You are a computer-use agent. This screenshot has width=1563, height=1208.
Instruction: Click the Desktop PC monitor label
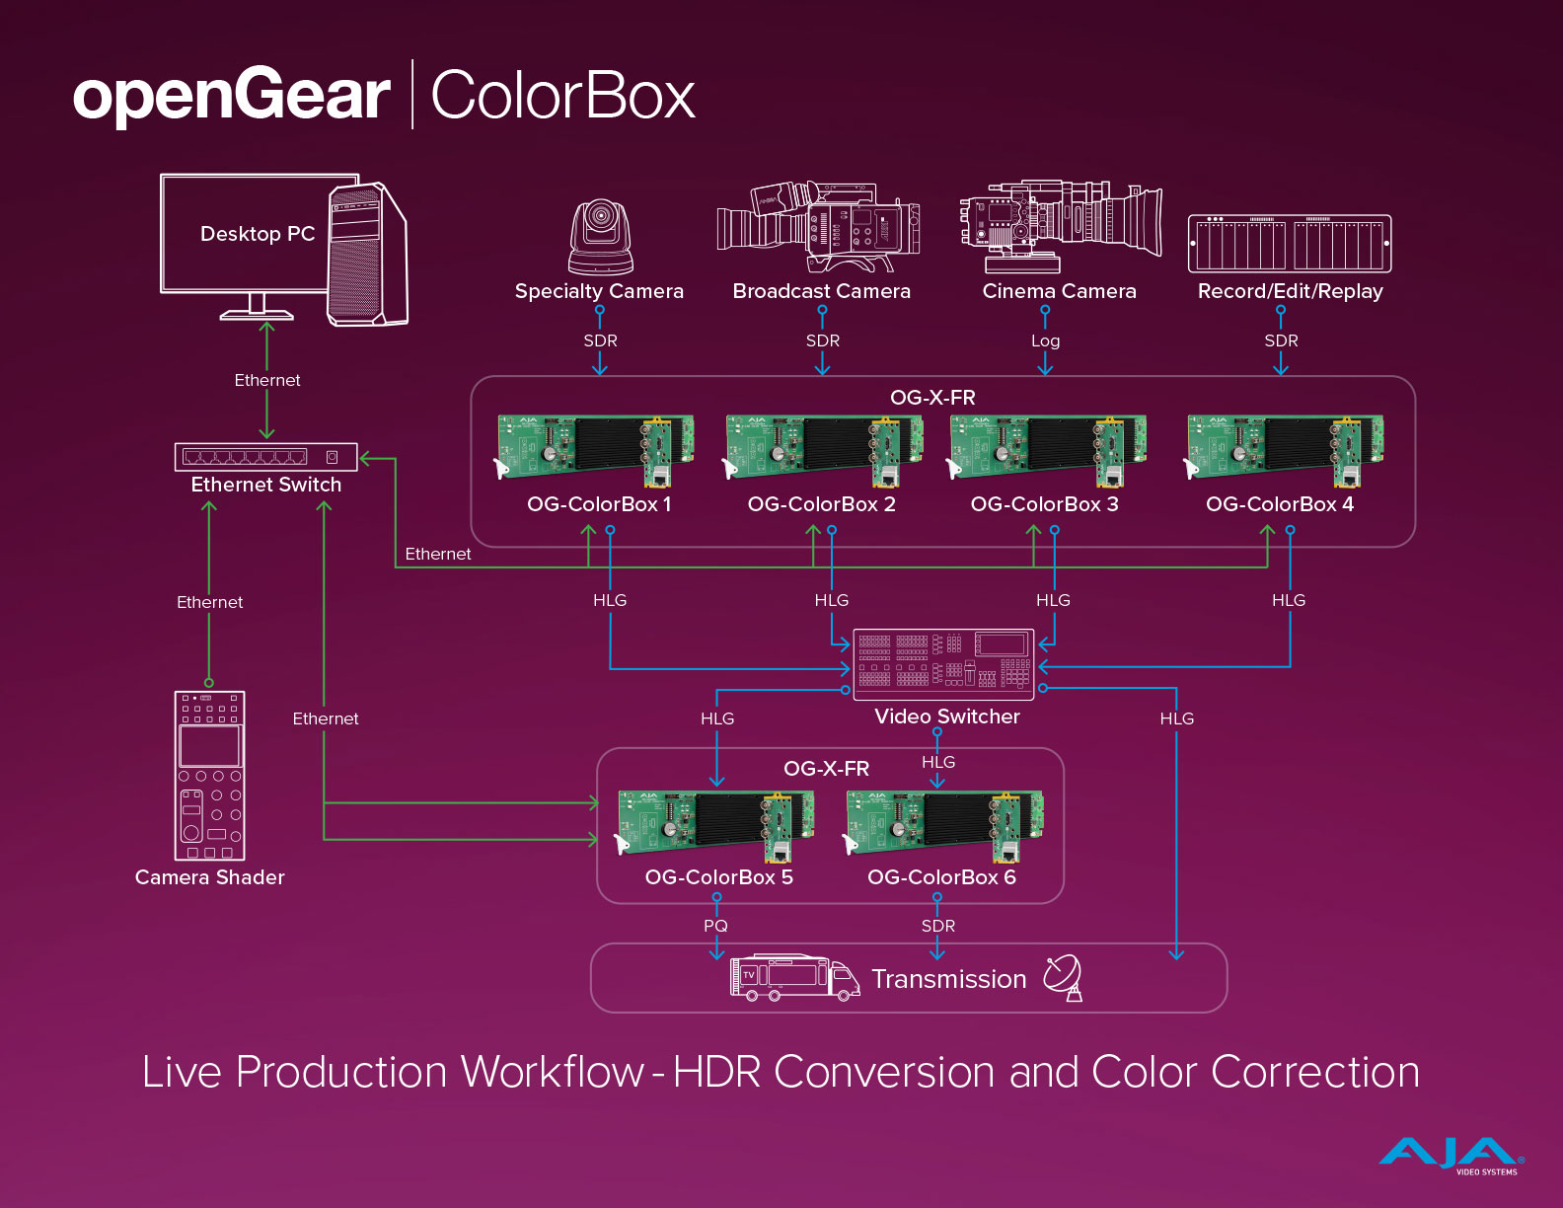click(258, 234)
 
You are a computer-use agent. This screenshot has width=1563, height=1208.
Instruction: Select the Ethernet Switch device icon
click(266, 457)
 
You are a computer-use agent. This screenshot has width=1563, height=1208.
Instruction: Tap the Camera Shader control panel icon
click(209, 775)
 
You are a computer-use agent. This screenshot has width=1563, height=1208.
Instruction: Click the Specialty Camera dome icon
click(600, 238)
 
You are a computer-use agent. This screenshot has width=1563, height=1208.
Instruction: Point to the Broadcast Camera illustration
click(819, 227)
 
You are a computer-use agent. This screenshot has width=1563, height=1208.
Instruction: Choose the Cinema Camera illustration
click(1060, 226)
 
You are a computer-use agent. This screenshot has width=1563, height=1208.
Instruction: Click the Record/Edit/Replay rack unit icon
click(1290, 243)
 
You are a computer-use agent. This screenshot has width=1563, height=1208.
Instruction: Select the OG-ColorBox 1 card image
click(596, 450)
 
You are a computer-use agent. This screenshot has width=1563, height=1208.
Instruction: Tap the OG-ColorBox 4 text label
click(1280, 504)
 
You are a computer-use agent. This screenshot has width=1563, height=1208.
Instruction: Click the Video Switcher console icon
click(943, 664)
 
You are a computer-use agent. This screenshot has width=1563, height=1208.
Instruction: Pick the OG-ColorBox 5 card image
click(715, 824)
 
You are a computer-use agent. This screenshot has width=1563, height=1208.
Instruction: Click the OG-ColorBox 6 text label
click(941, 877)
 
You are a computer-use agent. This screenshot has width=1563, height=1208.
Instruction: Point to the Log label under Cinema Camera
click(1045, 340)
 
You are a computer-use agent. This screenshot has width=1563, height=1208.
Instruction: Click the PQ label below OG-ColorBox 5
click(715, 926)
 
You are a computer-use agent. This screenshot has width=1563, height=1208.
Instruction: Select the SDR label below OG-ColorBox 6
click(937, 926)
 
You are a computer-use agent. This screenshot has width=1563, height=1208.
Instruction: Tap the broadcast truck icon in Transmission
click(794, 977)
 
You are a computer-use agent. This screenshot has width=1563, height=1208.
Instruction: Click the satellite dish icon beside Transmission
click(1064, 977)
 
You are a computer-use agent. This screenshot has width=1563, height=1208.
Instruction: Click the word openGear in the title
click(232, 96)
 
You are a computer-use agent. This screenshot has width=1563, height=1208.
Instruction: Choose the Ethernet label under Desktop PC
click(267, 380)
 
